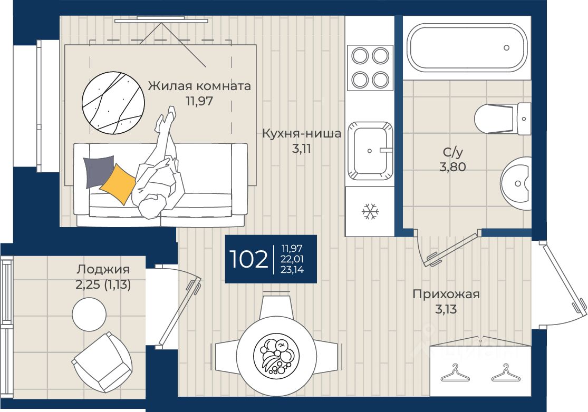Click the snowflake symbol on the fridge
[x=370, y=212]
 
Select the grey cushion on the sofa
[x=99, y=172]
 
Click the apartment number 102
[x=248, y=259]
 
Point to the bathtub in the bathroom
[x=467, y=47]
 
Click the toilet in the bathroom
[x=502, y=119]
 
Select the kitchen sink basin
[x=370, y=151]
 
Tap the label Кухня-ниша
[x=302, y=133]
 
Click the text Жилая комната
[x=199, y=86]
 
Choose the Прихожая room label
[x=446, y=294]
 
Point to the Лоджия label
[x=103, y=269]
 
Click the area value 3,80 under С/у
[x=452, y=166]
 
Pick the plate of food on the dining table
[x=276, y=356]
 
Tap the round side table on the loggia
[x=89, y=314]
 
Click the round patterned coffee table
[x=113, y=103]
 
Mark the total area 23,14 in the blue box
[x=292, y=269]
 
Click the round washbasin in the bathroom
[x=516, y=183]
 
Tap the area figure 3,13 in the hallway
[x=446, y=309]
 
